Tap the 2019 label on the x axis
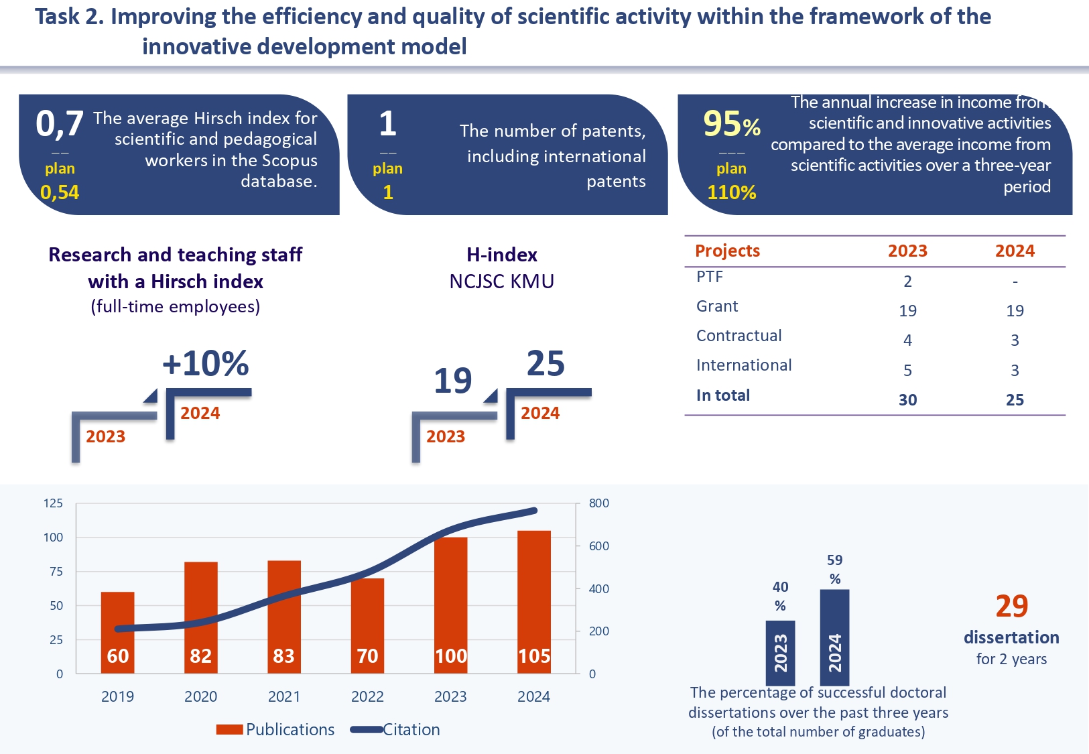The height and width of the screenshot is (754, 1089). [x=117, y=696]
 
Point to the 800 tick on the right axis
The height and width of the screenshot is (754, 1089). [x=598, y=503]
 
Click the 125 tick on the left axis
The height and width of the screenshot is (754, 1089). [x=54, y=503]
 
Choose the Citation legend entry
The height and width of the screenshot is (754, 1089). [x=396, y=730]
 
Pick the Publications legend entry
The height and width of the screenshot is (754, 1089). [x=275, y=730]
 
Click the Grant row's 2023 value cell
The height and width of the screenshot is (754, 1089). [x=907, y=310]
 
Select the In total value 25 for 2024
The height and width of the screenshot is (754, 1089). [x=1015, y=400]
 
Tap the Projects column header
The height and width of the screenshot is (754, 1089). [x=728, y=251]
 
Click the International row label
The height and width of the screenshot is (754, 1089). [x=744, y=365]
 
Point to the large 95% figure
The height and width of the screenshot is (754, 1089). [x=731, y=124]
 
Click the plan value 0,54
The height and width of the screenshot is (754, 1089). [x=60, y=193]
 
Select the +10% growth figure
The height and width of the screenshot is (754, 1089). [x=206, y=364]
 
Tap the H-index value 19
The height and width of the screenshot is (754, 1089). [x=453, y=381]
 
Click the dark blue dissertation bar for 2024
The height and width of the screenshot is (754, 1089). [x=834, y=637]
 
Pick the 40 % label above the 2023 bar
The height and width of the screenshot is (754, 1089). [x=780, y=596]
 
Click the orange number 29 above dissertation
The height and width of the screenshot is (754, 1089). [x=1011, y=607]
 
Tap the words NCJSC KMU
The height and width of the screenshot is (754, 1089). [x=502, y=281]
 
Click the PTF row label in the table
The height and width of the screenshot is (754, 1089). [x=710, y=277]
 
